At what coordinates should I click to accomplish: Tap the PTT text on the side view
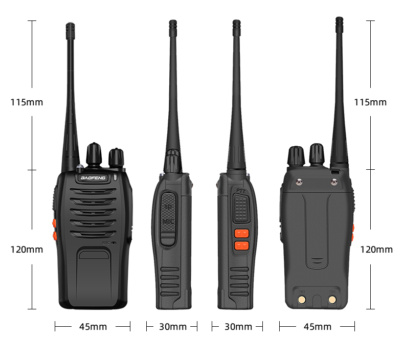[240, 191]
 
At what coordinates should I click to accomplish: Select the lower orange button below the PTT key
[241, 245]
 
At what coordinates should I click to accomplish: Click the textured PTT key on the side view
[240, 210]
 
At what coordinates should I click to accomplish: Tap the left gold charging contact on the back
[301, 298]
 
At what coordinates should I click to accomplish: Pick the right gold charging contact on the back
[332, 298]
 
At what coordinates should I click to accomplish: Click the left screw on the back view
[299, 180]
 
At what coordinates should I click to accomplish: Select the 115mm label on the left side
[27, 102]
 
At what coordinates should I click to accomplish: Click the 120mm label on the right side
[376, 250]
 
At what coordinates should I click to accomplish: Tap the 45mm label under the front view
[93, 327]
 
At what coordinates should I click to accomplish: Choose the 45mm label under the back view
[317, 327]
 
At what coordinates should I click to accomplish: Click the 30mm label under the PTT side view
[238, 327]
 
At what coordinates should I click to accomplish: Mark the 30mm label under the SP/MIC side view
[173, 327]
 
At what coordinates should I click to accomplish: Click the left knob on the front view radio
[94, 154]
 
